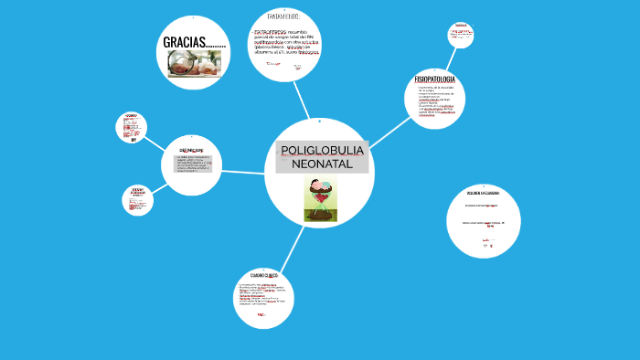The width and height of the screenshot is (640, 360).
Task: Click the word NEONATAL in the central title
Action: click(x=321, y=164)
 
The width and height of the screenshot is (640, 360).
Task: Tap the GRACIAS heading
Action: click(x=194, y=42)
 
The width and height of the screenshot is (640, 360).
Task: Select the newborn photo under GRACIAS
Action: click(x=194, y=64)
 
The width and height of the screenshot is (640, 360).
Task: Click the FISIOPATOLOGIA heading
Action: click(x=434, y=80)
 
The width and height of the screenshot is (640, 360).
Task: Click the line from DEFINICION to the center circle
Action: click(x=243, y=172)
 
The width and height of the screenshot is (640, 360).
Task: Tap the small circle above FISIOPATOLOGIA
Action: click(x=460, y=36)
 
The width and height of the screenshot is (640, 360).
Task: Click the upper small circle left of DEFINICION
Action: click(x=131, y=127)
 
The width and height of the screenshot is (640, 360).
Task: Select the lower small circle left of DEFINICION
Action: click(x=137, y=200)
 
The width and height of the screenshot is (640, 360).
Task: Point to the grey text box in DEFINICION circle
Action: click(x=191, y=164)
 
